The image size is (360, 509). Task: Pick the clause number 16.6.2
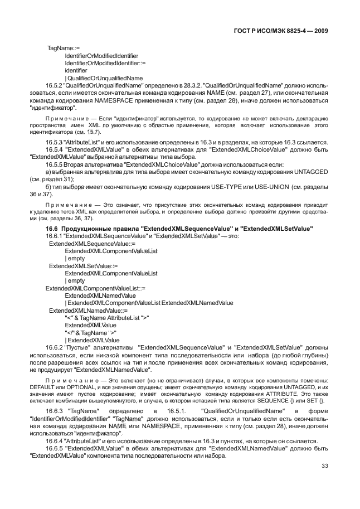pos(55,346)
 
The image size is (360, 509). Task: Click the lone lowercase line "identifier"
pos(76,71)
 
